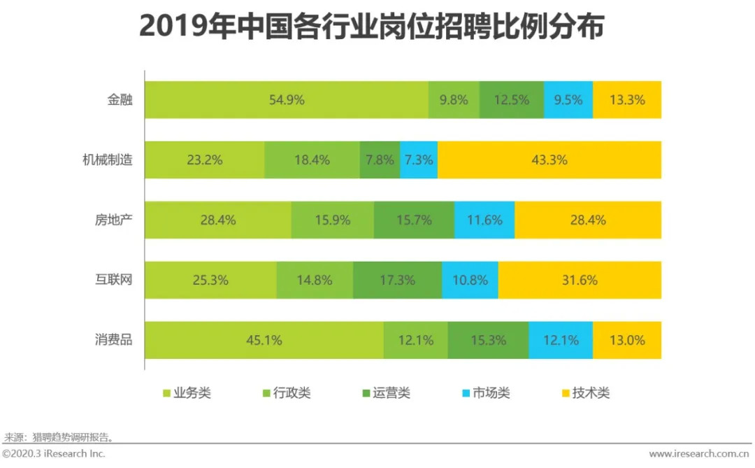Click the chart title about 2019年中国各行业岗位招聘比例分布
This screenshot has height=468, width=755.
tap(371, 27)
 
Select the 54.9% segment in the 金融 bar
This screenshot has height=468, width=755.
tap(287, 99)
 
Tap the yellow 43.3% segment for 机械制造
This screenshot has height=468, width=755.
tap(549, 159)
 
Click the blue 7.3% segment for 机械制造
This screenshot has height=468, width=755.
tap(419, 159)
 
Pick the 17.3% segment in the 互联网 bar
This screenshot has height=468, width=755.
tap(397, 280)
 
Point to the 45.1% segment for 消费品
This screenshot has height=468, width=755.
tap(264, 341)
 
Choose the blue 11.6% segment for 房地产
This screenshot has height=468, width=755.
tap(484, 220)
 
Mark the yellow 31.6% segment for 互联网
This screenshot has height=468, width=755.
tap(580, 280)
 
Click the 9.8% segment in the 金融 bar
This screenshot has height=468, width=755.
tap(454, 99)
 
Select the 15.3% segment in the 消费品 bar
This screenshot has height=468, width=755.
tap(488, 341)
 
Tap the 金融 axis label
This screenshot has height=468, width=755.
tap(120, 99)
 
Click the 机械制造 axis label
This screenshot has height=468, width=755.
tap(107, 159)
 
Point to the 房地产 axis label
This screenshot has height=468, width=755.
tap(113, 220)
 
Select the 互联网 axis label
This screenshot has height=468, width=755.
tap(113, 280)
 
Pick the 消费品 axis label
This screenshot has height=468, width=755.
tap(113, 341)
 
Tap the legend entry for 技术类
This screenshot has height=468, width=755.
tap(585, 393)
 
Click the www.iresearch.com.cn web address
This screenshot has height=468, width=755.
tap(700, 454)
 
